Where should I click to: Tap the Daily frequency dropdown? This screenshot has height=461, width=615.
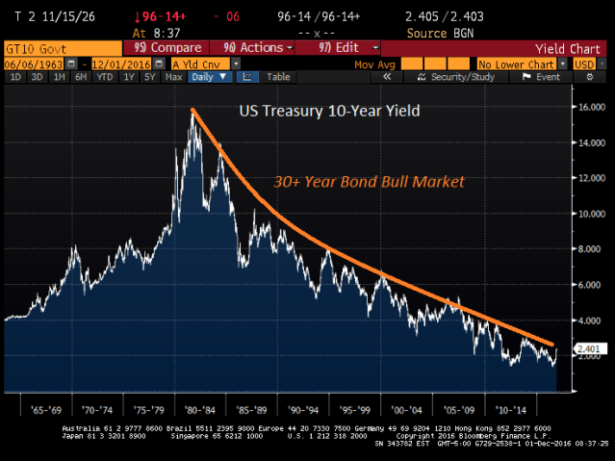coord(211,77)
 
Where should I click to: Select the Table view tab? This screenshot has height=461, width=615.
coord(278,77)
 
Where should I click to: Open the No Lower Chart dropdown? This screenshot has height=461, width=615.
coord(518,63)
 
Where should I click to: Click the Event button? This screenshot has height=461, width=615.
coord(546,77)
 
